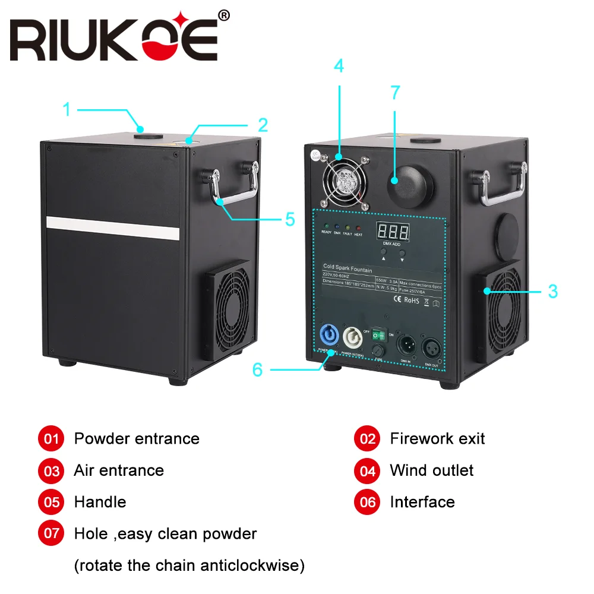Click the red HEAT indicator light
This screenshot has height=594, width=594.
coord(358,228)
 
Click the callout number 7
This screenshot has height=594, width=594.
coord(395,93)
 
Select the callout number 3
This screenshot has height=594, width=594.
coord(552,291)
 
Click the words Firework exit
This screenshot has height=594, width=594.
coord(437,439)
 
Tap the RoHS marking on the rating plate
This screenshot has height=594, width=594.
coord(411,301)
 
